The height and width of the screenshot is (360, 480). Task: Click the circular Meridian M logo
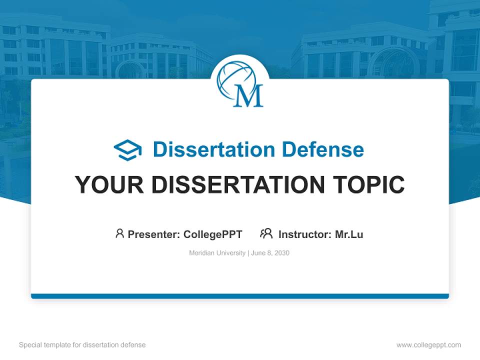240,83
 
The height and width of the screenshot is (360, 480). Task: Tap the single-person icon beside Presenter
119,233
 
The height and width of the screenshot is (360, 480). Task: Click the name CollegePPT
212,234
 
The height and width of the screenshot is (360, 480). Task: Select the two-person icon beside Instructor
266,233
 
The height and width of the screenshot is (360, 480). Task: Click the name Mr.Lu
349,234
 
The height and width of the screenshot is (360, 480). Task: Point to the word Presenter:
154,234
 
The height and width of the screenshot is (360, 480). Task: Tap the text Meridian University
217,253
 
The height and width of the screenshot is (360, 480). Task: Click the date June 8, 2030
270,253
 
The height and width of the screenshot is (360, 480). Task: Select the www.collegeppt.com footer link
428,345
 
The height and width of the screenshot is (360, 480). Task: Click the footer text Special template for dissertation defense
82,345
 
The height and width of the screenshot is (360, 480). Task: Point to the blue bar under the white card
240,296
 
